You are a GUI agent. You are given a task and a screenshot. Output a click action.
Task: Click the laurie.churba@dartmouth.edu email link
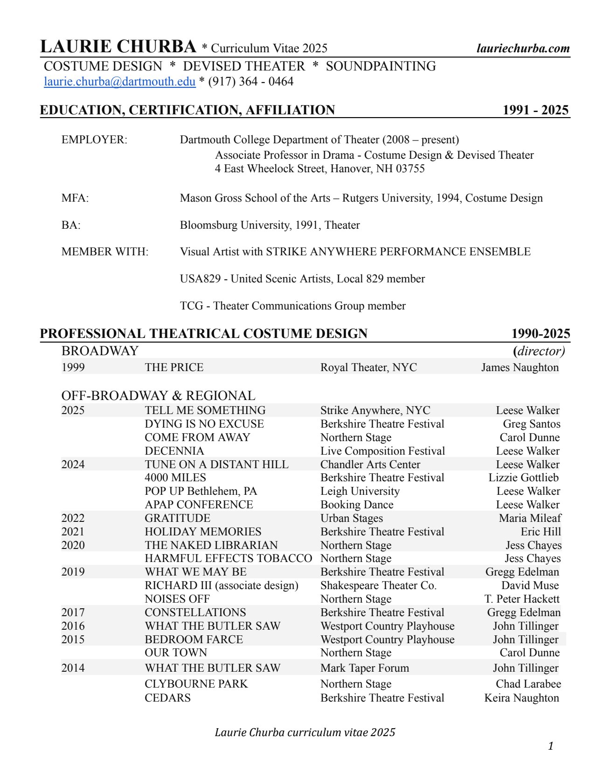(x=119, y=82)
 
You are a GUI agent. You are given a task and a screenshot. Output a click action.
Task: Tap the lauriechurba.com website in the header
(x=523, y=49)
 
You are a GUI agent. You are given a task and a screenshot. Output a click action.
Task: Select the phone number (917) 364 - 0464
(x=250, y=82)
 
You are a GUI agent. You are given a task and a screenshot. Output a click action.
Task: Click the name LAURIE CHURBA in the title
(x=118, y=47)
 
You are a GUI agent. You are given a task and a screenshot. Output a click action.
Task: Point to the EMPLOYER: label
(x=94, y=140)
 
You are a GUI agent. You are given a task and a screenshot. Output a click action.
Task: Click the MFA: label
(x=75, y=198)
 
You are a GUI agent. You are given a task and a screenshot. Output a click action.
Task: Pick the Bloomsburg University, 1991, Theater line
(x=270, y=225)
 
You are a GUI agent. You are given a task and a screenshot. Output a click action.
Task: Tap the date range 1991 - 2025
(x=535, y=110)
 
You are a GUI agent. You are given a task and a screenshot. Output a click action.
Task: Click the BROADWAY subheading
(x=100, y=351)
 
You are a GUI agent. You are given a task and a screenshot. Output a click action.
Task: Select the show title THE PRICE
(x=174, y=367)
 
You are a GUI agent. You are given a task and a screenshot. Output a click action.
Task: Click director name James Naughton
(x=520, y=367)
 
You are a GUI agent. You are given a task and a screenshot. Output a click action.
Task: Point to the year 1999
(x=73, y=367)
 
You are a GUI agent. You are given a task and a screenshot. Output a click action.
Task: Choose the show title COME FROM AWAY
(x=197, y=437)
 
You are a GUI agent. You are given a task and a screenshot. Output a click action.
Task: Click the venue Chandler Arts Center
(x=370, y=464)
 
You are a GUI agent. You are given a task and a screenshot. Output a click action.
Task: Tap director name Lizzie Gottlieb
(x=523, y=478)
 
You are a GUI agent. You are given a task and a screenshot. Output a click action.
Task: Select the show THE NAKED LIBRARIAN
(x=211, y=545)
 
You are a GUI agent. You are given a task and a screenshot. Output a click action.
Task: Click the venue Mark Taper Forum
(x=364, y=668)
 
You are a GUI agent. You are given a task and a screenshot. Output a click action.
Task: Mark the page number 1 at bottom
(x=551, y=746)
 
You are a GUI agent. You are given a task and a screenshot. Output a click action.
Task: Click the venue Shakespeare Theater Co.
(x=378, y=585)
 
